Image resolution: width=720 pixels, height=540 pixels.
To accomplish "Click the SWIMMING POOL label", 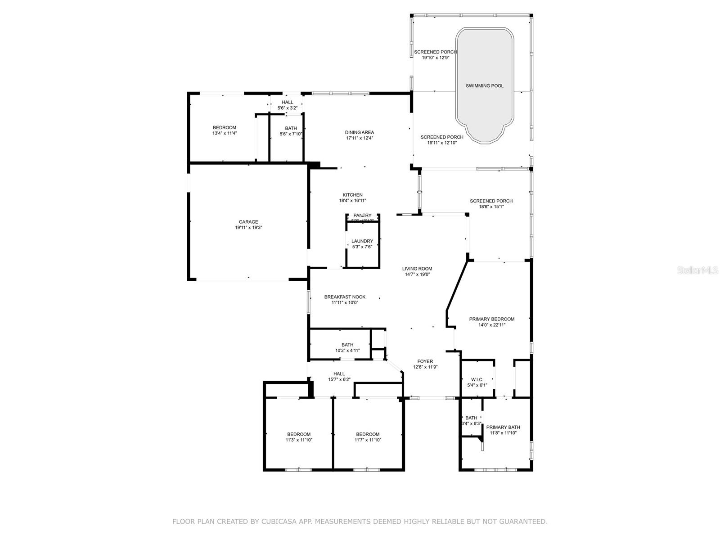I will (484, 85).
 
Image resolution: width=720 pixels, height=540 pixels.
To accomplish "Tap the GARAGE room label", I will (248, 222).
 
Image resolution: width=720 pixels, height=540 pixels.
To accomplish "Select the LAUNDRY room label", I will (362, 241).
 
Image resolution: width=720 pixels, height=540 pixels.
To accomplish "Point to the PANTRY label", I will (362, 216).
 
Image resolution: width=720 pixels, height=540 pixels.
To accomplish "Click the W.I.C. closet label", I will (477, 379).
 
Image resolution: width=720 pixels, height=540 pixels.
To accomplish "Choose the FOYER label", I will (425, 361).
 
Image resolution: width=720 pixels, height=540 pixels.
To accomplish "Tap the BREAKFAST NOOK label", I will (345, 297).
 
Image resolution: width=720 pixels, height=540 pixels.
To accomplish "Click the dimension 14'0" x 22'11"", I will (492, 325).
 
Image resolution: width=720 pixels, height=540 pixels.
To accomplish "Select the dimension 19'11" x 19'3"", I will (248, 228).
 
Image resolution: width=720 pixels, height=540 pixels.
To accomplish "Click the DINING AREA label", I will (360, 132).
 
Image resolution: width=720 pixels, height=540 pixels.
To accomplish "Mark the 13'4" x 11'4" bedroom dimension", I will (225, 133).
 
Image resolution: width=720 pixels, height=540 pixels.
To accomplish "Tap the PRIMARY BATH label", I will (503, 427).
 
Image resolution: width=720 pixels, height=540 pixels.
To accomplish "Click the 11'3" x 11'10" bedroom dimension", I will (299, 440).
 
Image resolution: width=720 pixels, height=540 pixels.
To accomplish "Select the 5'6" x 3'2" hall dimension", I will (288, 108).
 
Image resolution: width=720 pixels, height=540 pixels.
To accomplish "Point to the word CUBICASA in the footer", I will (274, 522).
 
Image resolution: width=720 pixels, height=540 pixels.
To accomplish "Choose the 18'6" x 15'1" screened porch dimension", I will (491, 207).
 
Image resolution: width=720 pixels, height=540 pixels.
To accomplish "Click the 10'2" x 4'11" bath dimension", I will (347, 351).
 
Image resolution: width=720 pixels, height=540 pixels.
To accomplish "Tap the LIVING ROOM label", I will (417, 269).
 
